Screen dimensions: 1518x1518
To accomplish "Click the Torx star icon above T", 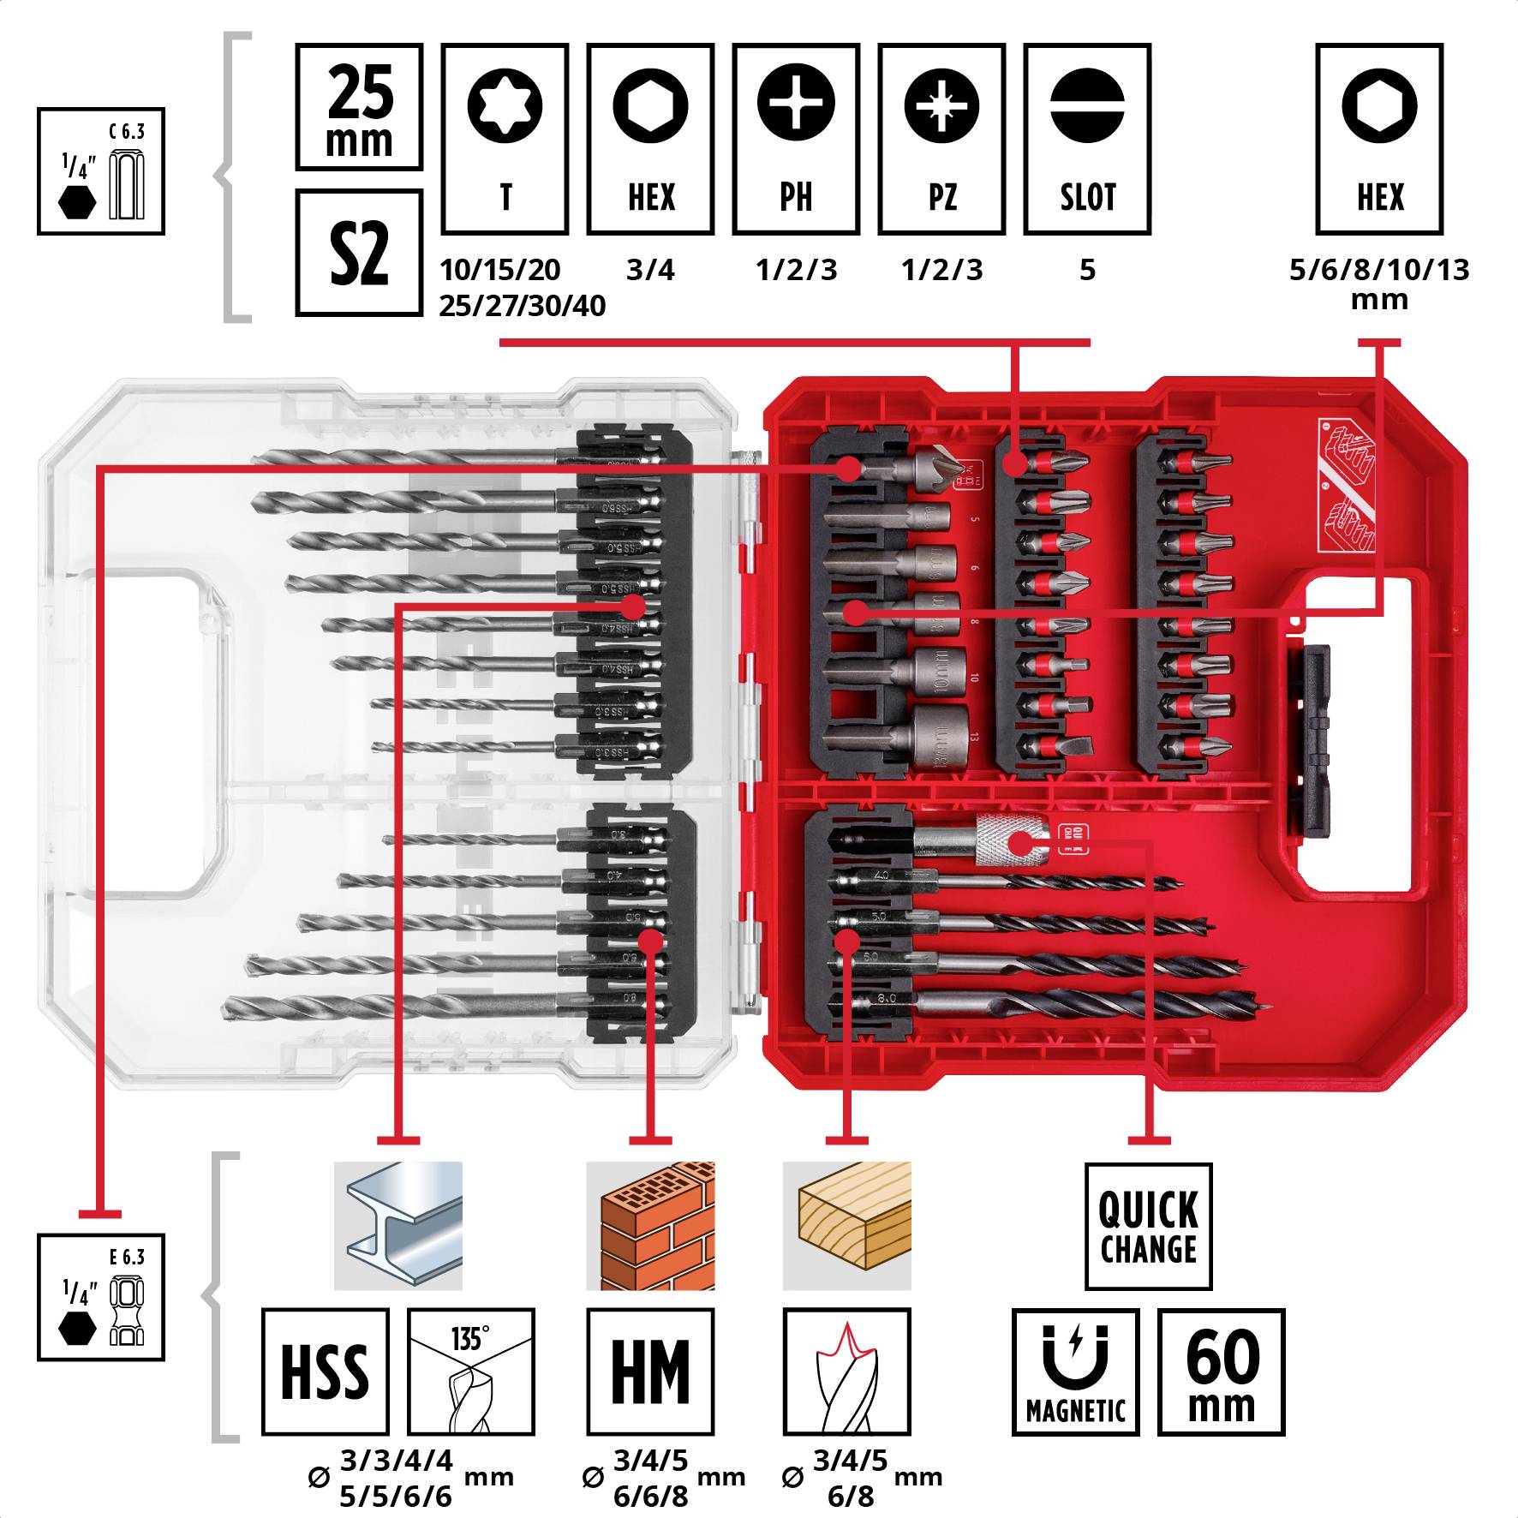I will pos(505,105).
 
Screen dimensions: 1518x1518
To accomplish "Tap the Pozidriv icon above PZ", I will pos(941,105).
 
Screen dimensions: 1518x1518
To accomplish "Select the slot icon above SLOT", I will pos(1087,105).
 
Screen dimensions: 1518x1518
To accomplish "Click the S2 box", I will pos(359,253).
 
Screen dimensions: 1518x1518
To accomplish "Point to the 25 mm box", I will pos(359,107).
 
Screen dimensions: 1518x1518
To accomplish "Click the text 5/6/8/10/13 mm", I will pos(1379,283).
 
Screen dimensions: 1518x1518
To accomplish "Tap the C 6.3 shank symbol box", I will pos(101,171).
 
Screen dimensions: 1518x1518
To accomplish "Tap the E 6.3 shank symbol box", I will pos(101,1297).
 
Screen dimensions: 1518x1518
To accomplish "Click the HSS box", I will pos(325,1372).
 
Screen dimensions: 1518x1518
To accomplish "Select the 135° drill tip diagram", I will pos(470,1372).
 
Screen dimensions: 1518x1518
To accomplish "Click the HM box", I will pos(650,1372).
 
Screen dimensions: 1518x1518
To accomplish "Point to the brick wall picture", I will pos(650,1226).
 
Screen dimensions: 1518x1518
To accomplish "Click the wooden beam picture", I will pos(847,1226).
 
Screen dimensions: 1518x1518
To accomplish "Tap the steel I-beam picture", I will pos(398,1226).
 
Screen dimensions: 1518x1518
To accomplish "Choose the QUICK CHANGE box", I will pos(1148,1226).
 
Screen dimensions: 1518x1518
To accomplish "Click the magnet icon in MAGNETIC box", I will pos(1075,1356).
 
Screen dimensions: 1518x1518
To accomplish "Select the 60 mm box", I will pos(1221,1372).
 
